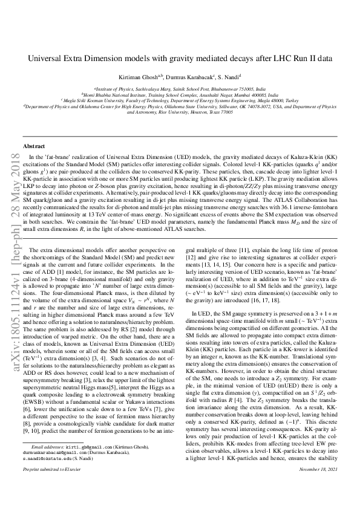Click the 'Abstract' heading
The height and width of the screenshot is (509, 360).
pyautogui.click(x=34, y=147)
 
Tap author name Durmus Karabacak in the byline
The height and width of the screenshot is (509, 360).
pyautogui.click(x=183, y=77)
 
